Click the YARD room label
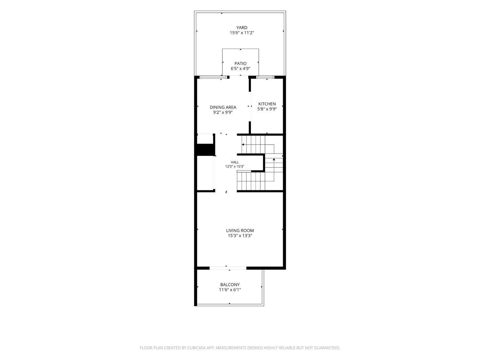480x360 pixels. pos(242,28)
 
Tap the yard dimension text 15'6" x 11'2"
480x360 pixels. pos(242,33)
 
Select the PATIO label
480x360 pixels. pos(240,63)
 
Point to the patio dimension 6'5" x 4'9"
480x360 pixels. pos(240,68)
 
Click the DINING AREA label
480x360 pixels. pos(223,107)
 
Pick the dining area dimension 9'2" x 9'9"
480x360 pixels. pos(223,113)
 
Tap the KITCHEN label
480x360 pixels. pos(267,104)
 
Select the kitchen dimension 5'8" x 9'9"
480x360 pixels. pos(267,109)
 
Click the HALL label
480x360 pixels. pos(235,162)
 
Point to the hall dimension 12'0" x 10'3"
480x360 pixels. pos(235,166)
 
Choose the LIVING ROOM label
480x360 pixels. pos(240,230)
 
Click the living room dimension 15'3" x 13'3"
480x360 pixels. pos(240,236)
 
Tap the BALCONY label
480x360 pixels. pos(230,284)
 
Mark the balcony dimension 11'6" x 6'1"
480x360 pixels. pos(230,290)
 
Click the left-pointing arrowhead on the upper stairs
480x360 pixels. pos(243,145)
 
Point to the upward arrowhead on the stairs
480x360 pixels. pos(274,159)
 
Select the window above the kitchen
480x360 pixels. pos(265,77)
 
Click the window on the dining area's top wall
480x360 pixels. pos(213,77)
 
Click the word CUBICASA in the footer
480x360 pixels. pos(196,348)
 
